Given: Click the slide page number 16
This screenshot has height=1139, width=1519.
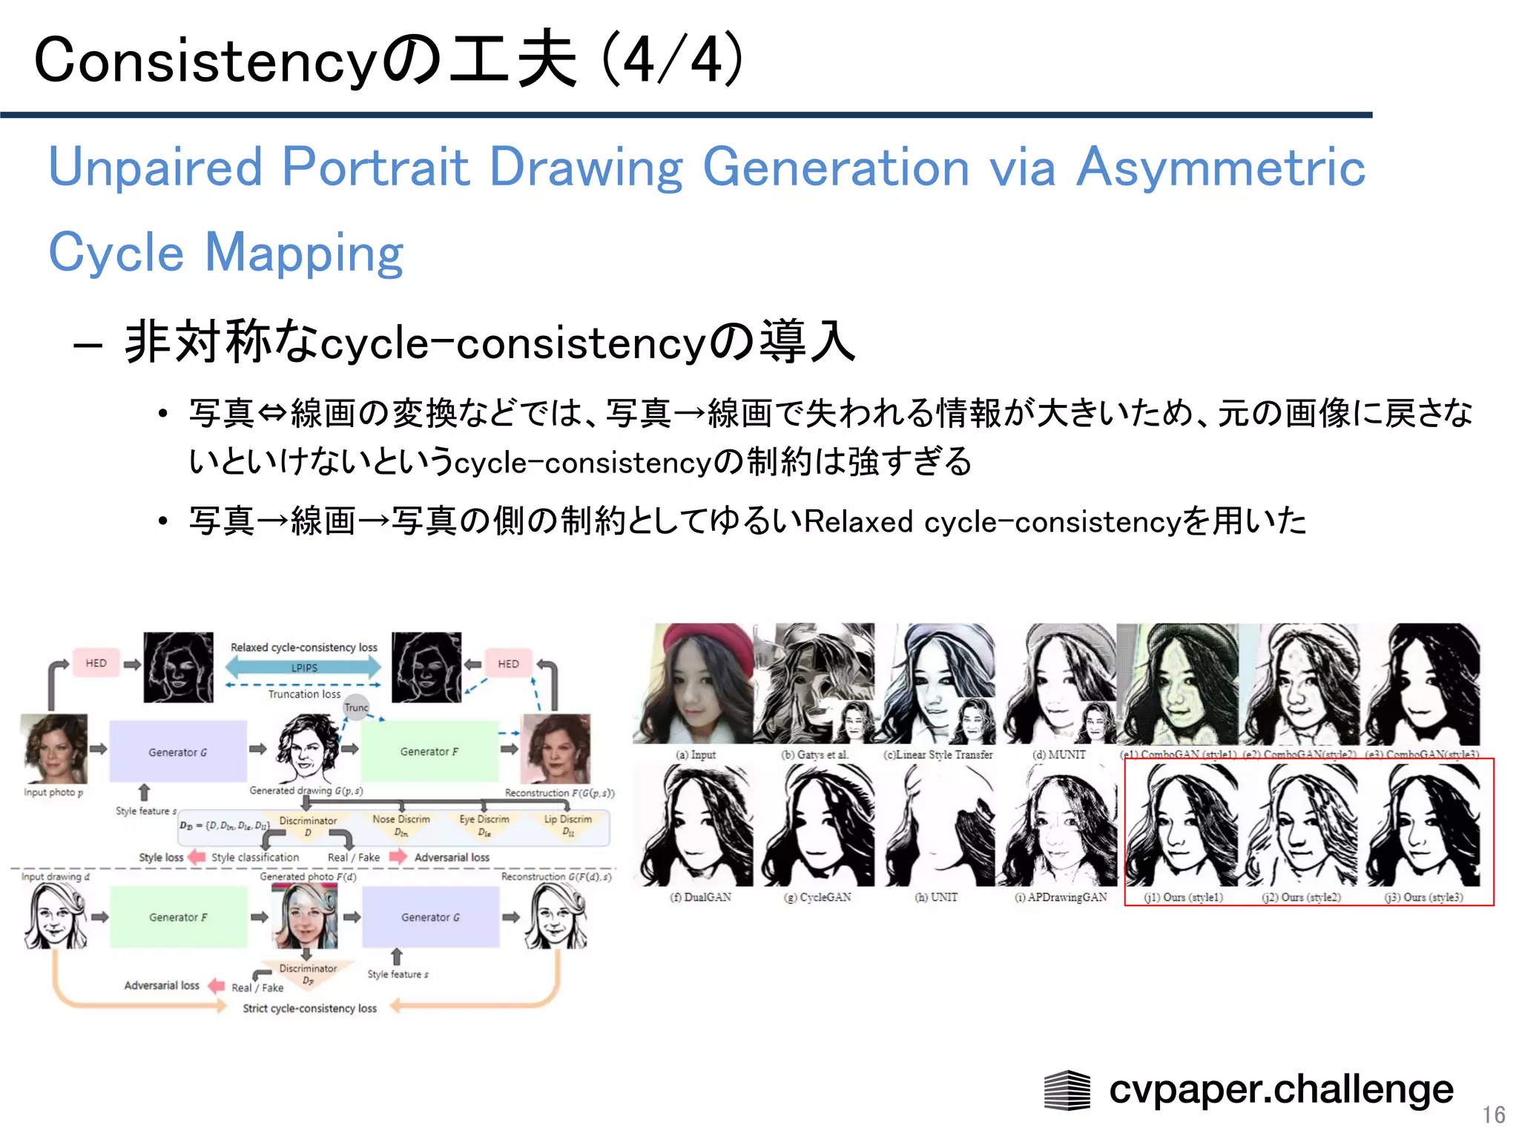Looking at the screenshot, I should tap(1493, 1115).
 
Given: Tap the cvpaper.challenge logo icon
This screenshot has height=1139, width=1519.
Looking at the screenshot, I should tap(1067, 1090).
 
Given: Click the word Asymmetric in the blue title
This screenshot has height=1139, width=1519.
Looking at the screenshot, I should tap(1220, 167).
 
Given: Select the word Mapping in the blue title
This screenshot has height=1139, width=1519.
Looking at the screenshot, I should tap(303, 253).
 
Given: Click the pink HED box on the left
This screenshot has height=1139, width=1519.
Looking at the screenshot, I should tap(96, 663).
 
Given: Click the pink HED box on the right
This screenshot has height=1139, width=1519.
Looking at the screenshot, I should tap(508, 664).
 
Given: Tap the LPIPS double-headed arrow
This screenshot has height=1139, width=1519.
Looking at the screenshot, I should tap(303, 667).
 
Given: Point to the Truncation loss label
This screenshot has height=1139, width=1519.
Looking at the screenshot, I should tap(304, 694).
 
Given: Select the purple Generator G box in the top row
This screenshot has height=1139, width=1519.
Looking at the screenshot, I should tap(178, 752).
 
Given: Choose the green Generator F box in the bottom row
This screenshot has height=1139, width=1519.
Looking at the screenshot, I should tap(178, 917).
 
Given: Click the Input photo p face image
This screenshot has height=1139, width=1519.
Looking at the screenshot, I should tap(54, 749).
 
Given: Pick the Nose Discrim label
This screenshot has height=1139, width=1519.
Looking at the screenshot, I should tap(401, 819).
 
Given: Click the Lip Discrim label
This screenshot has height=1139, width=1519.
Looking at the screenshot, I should tap(567, 819).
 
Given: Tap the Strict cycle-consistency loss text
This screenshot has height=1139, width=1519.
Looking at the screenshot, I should tap(309, 1008).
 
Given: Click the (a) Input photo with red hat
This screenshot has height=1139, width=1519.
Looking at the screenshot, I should tap(693, 684).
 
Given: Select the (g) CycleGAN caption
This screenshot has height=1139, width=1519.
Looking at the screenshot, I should tap(817, 897).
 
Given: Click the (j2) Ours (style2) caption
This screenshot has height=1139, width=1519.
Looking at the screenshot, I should tap(1301, 897).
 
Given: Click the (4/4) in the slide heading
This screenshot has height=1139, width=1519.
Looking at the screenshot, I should tap(671, 59).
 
